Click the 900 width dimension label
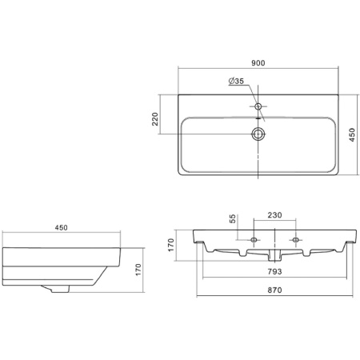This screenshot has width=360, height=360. pyautogui.click(x=258, y=63)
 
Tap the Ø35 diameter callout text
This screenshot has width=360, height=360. pyautogui.click(x=236, y=81)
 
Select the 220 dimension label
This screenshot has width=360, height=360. pyautogui.click(x=155, y=119)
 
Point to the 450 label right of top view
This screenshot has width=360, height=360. pyautogui.click(x=352, y=135)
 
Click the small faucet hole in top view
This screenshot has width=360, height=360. pyautogui.click(x=258, y=106)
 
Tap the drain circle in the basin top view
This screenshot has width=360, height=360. pyautogui.click(x=258, y=134)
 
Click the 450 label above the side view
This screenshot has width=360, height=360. pyautogui.click(x=62, y=228)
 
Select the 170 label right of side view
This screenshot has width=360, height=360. pyautogui.click(x=138, y=270)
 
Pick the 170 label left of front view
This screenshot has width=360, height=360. pyautogui.click(x=170, y=245)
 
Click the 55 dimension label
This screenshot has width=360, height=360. pyautogui.click(x=233, y=218)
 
